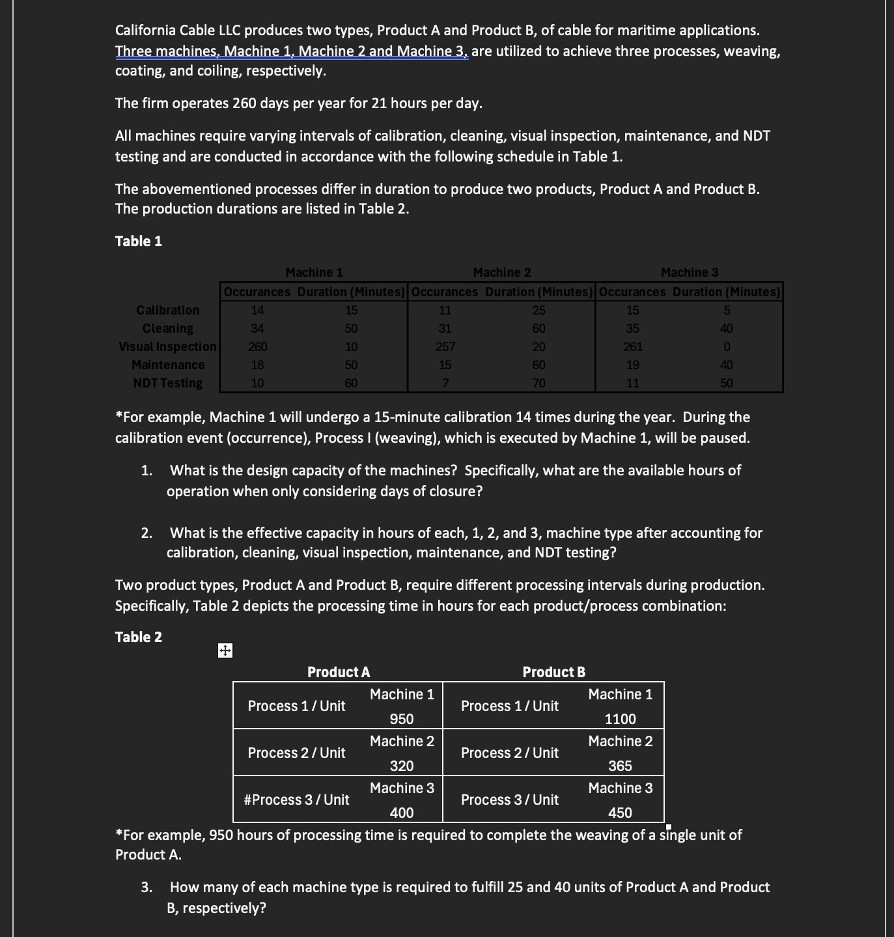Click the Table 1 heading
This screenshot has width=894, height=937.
click(138, 242)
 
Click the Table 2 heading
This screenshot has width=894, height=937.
click(138, 637)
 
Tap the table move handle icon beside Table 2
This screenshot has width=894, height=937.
click(225, 650)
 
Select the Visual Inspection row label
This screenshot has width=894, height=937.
click(167, 347)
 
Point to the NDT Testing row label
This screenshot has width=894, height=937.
click(167, 384)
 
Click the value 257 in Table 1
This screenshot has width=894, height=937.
click(445, 347)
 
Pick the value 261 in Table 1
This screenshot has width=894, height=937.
click(632, 347)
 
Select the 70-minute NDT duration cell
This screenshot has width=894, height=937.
click(538, 384)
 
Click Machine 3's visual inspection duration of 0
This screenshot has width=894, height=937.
click(727, 347)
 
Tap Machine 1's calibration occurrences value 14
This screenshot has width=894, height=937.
click(257, 311)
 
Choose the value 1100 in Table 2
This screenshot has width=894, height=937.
click(620, 720)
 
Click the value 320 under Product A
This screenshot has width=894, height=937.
click(402, 766)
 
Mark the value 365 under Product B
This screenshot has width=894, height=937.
click(620, 766)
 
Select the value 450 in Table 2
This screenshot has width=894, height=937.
click(620, 813)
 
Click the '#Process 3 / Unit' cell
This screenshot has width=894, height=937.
click(296, 800)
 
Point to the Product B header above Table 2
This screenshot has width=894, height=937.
click(553, 672)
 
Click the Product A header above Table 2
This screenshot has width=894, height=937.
click(339, 672)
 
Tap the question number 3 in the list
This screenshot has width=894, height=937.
click(147, 888)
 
